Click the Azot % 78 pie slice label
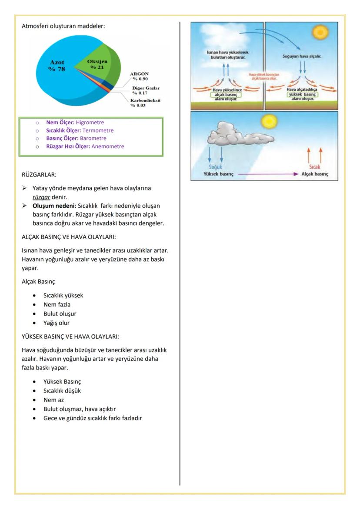tap(57, 67)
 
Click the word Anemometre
tap(107, 146)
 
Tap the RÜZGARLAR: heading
tap(39, 175)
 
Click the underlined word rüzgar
tap(41, 196)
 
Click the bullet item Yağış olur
tap(60, 323)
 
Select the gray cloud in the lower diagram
tap(231, 133)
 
